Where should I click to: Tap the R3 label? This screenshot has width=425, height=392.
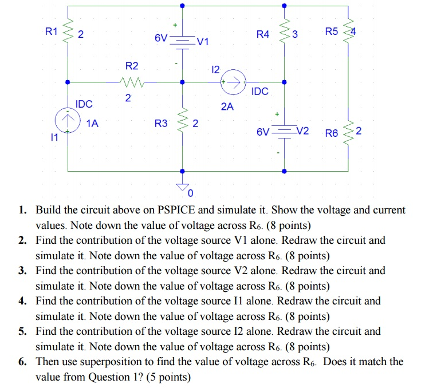[162, 123]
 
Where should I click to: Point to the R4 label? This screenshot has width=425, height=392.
[263, 34]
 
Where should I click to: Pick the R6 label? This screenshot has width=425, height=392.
[332, 134]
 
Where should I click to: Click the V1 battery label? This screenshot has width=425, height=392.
[203, 42]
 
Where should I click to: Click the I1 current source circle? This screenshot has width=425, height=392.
[68, 122]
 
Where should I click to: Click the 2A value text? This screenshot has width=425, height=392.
[227, 106]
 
